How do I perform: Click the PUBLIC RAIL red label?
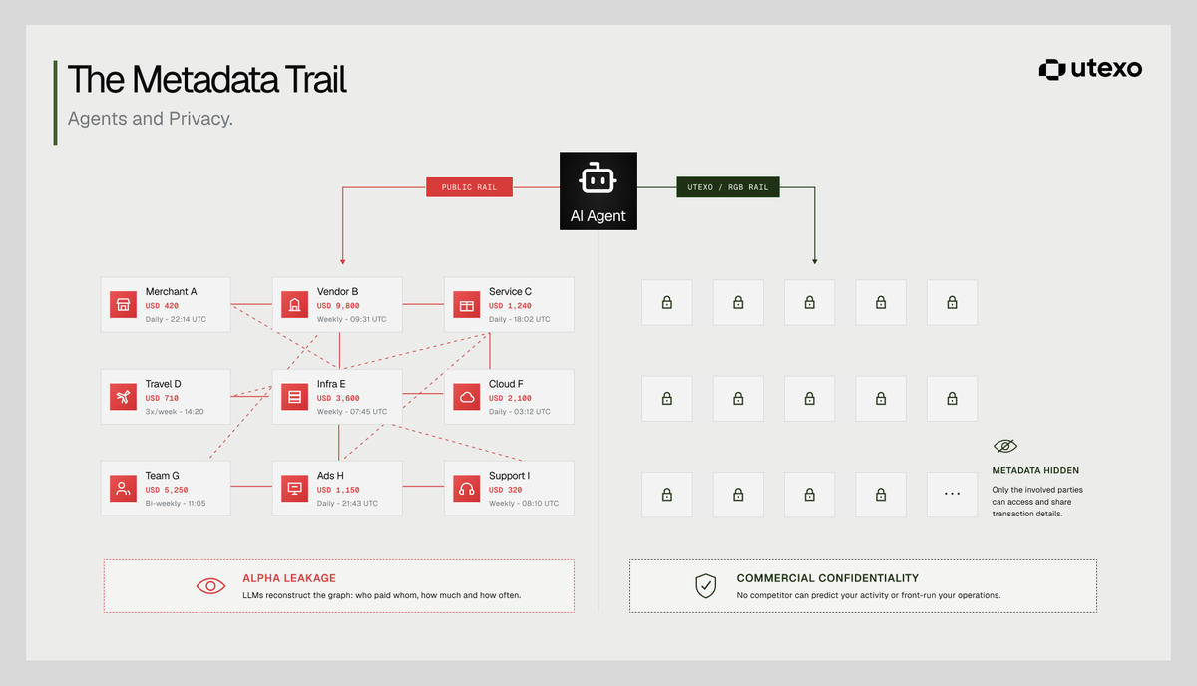coord(469,187)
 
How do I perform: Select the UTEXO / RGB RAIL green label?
coord(728,187)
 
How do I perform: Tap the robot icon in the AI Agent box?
coord(598,177)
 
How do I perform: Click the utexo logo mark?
coord(1052,70)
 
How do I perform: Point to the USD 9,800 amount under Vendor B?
coord(338,306)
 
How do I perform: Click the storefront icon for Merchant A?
coord(123,304)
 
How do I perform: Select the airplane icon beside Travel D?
coord(123,397)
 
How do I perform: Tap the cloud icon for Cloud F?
coord(467,397)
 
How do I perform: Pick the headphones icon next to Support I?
coord(467,489)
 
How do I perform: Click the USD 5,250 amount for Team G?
coord(167,490)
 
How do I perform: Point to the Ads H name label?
coord(330,476)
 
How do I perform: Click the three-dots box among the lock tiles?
coord(952,495)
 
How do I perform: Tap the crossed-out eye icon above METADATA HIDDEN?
coord(1005,446)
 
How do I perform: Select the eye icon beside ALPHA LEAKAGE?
coord(210,586)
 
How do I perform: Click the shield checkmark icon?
coord(705,586)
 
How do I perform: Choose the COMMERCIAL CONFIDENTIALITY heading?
coord(828,578)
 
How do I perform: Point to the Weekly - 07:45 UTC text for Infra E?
coord(352,412)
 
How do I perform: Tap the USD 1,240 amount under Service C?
coord(510,306)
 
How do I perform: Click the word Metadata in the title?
coord(205,80)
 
